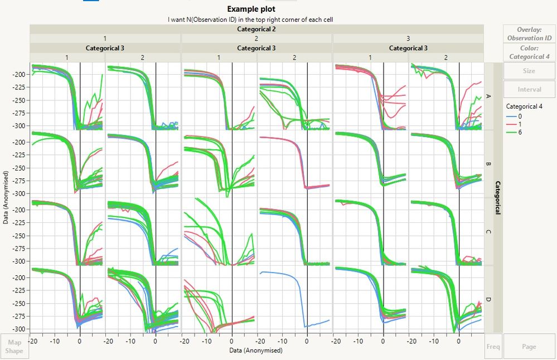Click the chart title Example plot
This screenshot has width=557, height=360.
coord(251,9)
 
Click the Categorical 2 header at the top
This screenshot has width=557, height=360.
coord(256,29)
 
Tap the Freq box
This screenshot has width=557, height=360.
coord(493,347)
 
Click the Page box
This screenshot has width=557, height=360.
coord(529,347)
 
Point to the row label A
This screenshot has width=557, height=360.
coord(489,96)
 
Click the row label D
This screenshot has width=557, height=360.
coord(489,300)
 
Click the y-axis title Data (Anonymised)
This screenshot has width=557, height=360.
coord(5,197)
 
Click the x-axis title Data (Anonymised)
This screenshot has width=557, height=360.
coord(256,351)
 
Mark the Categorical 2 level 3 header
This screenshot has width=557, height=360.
coord(408,38)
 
